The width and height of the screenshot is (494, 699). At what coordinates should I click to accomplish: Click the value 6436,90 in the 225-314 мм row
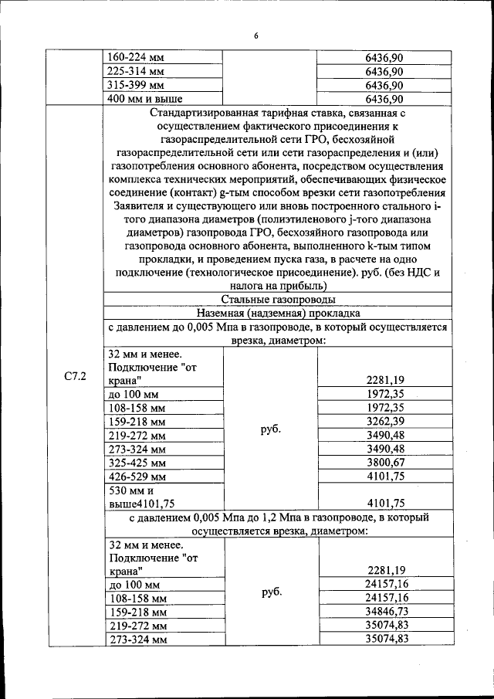click(x=384, y=72)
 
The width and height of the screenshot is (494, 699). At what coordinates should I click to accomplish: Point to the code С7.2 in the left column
click(x=75, y=376)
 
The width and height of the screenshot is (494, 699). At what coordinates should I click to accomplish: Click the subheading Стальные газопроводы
click(x=277, y=300)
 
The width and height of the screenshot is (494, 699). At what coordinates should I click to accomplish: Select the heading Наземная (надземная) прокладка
click(x=277, y=314)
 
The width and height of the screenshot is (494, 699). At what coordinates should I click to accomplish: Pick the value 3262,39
click(x=384, y=422)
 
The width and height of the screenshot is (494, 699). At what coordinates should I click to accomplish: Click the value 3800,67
click(x=384, y=463)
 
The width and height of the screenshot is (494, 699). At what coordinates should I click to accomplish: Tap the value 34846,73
click(x=384, y=611)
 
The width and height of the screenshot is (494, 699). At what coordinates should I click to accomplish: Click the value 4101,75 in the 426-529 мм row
click(x=384, y=477)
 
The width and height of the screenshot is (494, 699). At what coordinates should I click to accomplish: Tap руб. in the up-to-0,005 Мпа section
click(x=270, y=429)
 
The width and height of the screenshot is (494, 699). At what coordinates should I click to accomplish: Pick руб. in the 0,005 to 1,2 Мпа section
click(x=270, y=592)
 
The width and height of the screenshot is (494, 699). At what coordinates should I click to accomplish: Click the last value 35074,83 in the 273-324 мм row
click(x=384, y=639)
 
